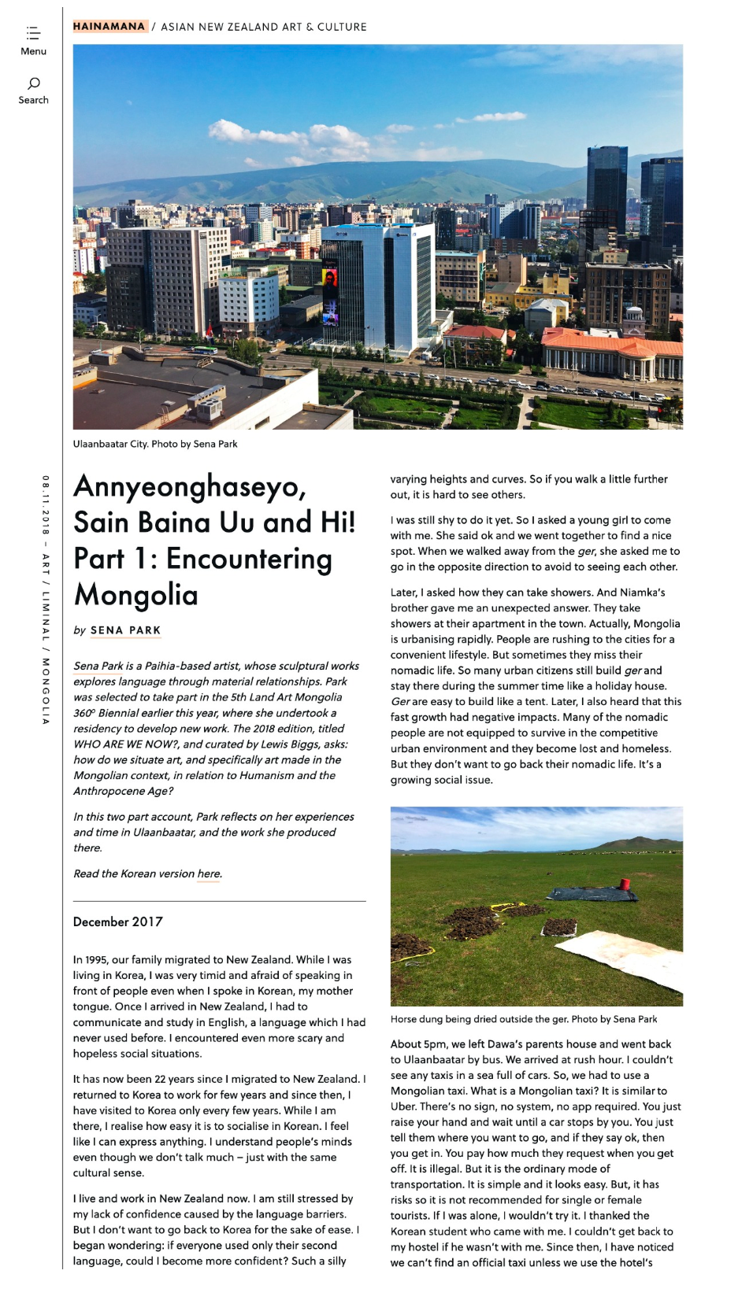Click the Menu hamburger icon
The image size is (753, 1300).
click(x=33, y=33)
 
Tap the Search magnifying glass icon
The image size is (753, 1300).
click(x=34, y=83)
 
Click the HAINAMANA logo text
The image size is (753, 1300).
click(x=109, y=27)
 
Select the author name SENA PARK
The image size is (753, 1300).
click(x=125, y=630)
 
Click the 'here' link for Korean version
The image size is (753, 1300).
click(x=209, y=873)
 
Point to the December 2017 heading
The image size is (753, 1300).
click(x=118, y=921)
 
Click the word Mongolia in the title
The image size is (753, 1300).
click(x=136, y=595)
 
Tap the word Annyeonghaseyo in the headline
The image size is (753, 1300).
click(x=190, y=487)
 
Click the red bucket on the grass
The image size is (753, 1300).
click(x=625, y=884)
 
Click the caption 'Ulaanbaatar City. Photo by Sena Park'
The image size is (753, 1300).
click(x=155, y=444)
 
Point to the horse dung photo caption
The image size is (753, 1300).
click(x=524, y=1019)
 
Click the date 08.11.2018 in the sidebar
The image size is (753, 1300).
click(x=46, y=505)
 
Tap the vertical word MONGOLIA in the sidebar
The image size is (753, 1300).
click(x=46, y=690)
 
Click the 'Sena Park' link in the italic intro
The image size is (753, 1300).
click(x=98, y=666)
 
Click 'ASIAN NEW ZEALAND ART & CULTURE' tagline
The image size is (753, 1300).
click(x=264, y=27)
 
